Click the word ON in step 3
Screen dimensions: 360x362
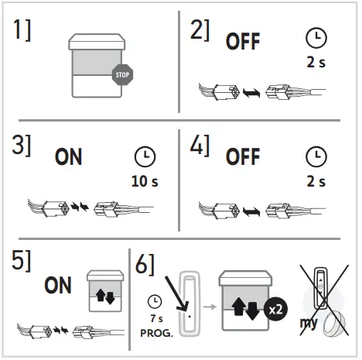(x=70, y=157)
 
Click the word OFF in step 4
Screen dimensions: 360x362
(x=242, y=157)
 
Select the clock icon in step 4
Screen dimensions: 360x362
(x=316, y=157)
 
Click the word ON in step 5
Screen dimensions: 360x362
(x=58, y=285)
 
